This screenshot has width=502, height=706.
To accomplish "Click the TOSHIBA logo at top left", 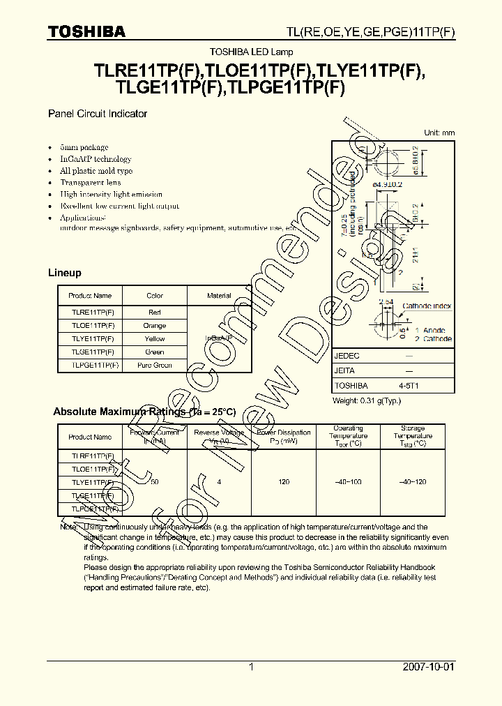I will tap(86, 31).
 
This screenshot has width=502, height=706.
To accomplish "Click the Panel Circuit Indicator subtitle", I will tap(97, 114).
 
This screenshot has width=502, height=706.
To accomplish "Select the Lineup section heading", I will tap(64, 273).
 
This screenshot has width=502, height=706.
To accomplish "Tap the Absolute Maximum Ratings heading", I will tap(144, 412).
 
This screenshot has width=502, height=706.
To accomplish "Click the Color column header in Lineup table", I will tap(155, 296).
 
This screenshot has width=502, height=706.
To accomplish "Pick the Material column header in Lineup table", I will tap(219, 296).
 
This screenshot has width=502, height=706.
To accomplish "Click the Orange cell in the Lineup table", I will tap(155, 326).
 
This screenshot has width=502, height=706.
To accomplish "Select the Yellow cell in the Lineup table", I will tap(155, 339).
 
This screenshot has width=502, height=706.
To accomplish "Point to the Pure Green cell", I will tap(155, 365).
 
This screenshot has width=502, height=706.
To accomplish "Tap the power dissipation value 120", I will tap(284, 483).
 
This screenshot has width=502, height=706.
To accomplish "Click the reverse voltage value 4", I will tap(219, 483).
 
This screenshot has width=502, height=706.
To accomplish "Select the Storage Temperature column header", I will tap(413, 436).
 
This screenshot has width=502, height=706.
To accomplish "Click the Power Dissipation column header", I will tap(284, 437).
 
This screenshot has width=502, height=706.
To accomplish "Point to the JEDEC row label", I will tap(347, 356).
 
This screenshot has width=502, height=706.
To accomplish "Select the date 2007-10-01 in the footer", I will tap(428, 667).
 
